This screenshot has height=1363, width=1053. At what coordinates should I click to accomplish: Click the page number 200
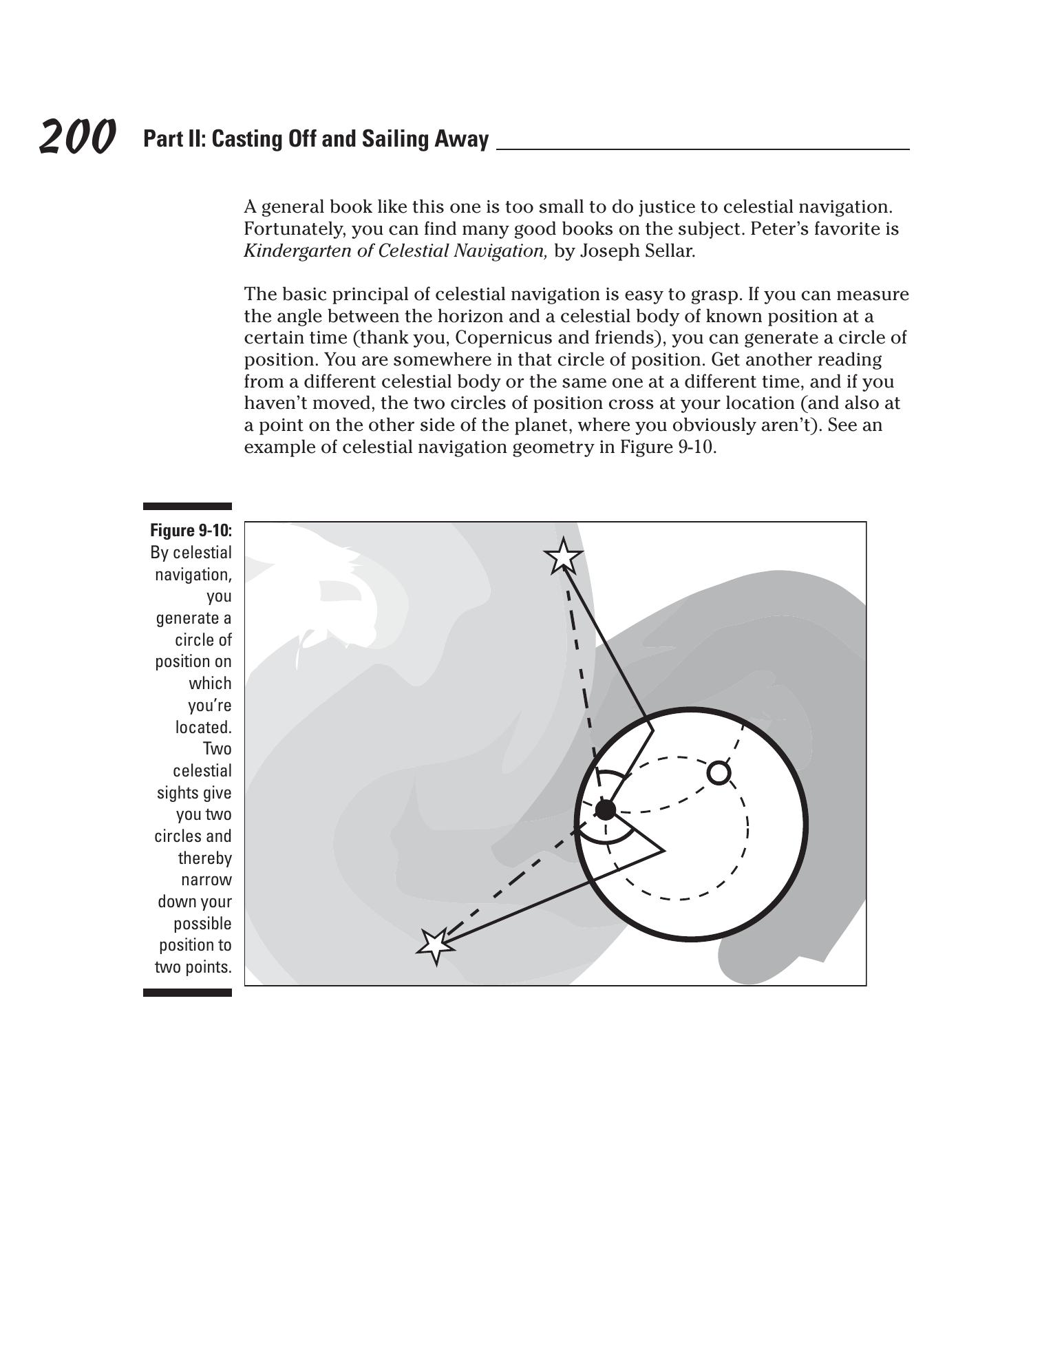click(x=77, y=137)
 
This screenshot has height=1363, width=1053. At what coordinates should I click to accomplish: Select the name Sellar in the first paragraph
click(x=672, y=251)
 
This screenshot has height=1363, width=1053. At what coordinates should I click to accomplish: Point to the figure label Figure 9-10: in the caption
click(x=191, y=531)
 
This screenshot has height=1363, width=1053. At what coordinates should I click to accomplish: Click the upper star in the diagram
click(x=563, y=556)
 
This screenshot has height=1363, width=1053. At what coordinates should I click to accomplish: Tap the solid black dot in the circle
click(x=605, y=810)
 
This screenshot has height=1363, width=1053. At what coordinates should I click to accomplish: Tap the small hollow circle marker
click(x=719, y=773)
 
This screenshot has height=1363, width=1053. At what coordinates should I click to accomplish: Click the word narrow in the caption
click(x=206, y=880)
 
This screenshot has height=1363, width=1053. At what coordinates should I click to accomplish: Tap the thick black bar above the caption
click(x=187, y=507)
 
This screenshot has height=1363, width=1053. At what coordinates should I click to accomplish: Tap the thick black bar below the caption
click(x=187, y=993)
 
